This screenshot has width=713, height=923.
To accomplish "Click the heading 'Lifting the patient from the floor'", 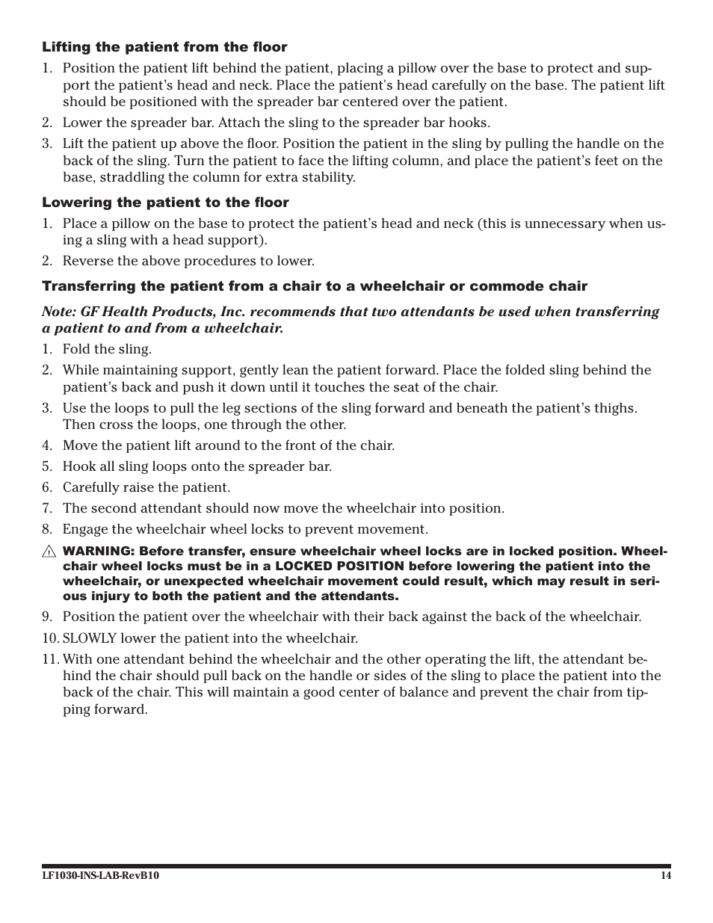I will (164, 47).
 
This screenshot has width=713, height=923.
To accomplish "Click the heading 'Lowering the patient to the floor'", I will (165, 203).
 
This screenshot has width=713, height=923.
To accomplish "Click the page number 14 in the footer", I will (665, 876).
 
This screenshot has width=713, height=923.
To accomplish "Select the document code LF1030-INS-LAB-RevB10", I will (100, 876).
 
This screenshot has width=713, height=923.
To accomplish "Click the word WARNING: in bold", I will (98, 552).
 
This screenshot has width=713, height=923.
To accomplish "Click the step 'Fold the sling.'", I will (107, 349).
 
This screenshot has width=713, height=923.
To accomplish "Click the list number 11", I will (49, 659).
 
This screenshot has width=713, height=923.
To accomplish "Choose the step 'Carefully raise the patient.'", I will (146, 487).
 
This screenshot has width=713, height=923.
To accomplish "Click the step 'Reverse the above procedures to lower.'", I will (188, 261).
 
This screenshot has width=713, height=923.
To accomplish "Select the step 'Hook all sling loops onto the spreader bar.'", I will (197, 466).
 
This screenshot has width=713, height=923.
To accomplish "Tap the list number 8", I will (46, 529).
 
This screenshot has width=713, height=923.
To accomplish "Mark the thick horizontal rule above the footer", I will (356, 865).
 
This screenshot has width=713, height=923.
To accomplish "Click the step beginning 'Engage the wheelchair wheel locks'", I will (245, 529).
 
